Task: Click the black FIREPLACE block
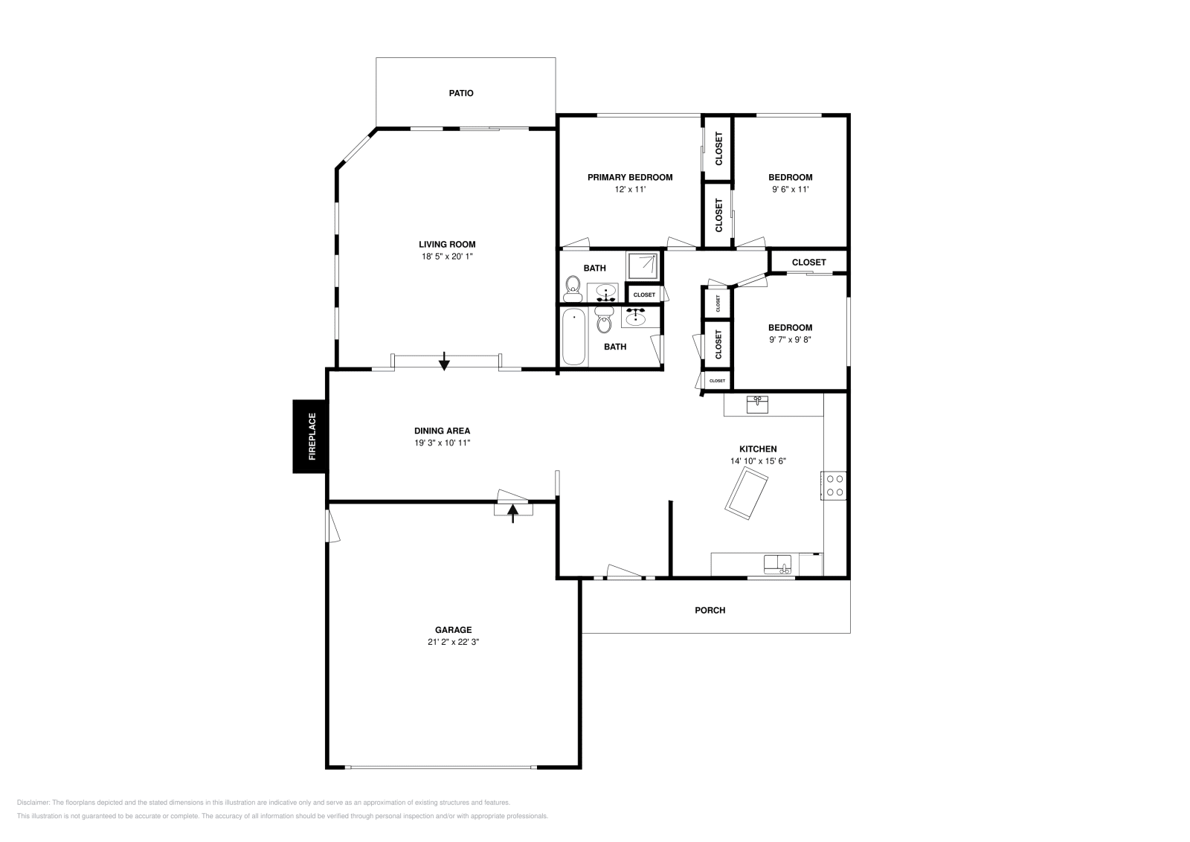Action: [x=309, y=437]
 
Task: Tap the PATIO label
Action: [x=461, y=93]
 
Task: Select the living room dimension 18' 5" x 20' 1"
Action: [x=447, y=256]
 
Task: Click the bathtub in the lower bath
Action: [x=573, y=338]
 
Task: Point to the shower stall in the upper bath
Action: [x=643, y=266]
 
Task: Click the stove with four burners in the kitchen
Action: [x=834, y=485]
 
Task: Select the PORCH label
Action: [x=710, y=610]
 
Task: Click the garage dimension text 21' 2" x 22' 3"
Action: [x=453, y=642]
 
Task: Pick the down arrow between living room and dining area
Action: [x=444, y=361]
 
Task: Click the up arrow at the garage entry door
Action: [x=512, y=513]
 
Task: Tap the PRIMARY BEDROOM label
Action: [x=630, y=177]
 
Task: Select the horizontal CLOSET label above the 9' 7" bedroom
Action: [x=808, y=262]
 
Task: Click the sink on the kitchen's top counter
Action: [x=758, y=405]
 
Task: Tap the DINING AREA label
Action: [x=442, y=431]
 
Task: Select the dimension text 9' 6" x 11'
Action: [x=790, y=189]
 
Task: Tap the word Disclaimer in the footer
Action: [x=33, y=803]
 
